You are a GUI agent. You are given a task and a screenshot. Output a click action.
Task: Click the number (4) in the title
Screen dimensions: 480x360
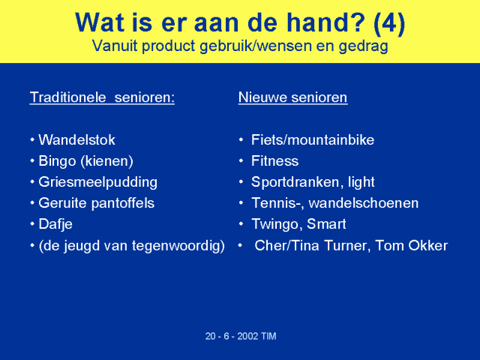coord(389,23)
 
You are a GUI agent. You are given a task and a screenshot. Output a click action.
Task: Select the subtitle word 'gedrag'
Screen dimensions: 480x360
coord(363,46)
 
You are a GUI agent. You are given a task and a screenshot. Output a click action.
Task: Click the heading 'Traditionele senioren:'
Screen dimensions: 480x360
coord(102,97)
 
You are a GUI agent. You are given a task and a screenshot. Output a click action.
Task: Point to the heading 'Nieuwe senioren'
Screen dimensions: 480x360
coord(293,97)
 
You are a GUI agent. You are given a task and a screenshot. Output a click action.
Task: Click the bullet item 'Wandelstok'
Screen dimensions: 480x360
coord(76,140)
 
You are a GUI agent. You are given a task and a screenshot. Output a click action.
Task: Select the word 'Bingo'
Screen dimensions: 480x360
coord(57,162)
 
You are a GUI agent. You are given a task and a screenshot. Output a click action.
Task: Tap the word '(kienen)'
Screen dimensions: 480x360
coord(107,162)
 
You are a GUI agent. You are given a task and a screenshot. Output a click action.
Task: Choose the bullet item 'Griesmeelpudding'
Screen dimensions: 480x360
coord(98,182)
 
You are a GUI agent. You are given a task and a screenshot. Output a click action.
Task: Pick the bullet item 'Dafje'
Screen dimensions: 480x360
coord(55,224)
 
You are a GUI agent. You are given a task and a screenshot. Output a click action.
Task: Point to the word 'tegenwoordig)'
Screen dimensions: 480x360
coord(178,246)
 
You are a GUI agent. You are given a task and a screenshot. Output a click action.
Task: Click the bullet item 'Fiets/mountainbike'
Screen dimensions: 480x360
coord(313,140)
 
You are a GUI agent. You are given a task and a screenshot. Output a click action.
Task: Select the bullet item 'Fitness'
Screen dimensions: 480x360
coord(275,161)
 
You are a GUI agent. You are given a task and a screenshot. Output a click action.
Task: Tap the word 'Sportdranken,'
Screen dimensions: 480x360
coord(295,182)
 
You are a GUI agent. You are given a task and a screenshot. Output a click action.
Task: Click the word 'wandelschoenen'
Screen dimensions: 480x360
coord(363,203)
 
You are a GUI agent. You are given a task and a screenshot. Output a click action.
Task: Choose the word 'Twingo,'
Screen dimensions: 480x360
coord(277,224)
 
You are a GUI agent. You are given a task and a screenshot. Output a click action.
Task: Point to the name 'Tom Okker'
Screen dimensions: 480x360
coord(412,245)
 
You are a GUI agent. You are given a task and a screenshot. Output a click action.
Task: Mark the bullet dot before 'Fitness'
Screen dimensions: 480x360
coord(241,160)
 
